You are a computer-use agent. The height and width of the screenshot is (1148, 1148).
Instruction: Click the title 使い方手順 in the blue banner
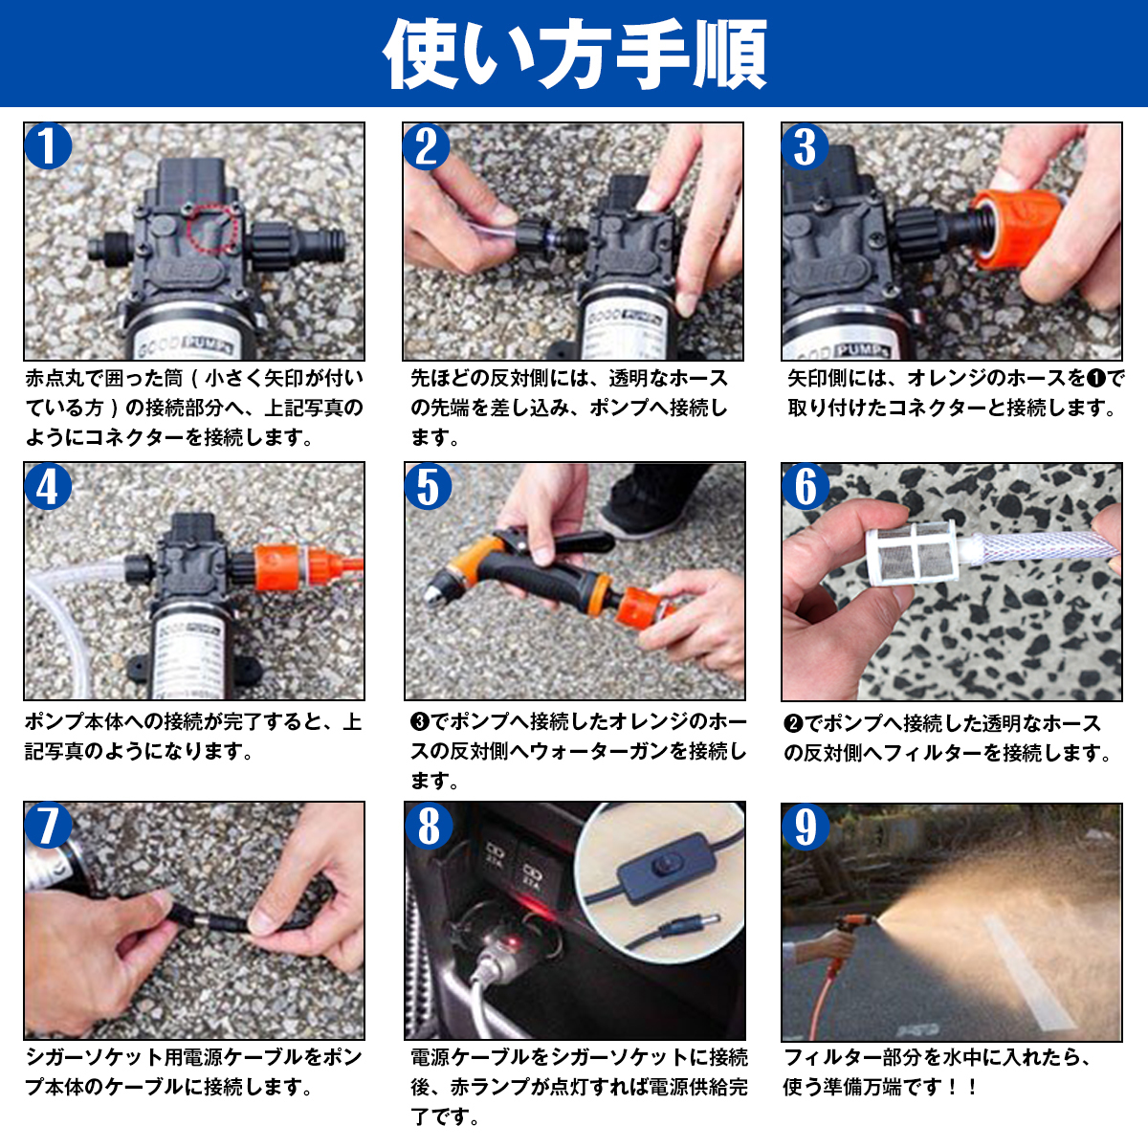[x=575, y=54]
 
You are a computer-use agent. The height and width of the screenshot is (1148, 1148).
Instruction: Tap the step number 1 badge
[x=48, y=146]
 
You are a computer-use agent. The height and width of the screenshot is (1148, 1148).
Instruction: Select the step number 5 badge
[x=428, y=487]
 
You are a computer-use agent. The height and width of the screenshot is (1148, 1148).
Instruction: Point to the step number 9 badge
[x=805, y=827]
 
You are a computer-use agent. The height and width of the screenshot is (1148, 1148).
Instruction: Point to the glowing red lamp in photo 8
[x=511, y=942]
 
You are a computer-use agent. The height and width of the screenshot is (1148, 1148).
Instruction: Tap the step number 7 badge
[x=48, y=826]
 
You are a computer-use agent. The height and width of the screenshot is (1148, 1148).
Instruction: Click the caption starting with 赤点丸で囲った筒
[x=194, y=408]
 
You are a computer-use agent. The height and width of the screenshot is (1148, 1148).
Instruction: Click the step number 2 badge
[x=427, y=146]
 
